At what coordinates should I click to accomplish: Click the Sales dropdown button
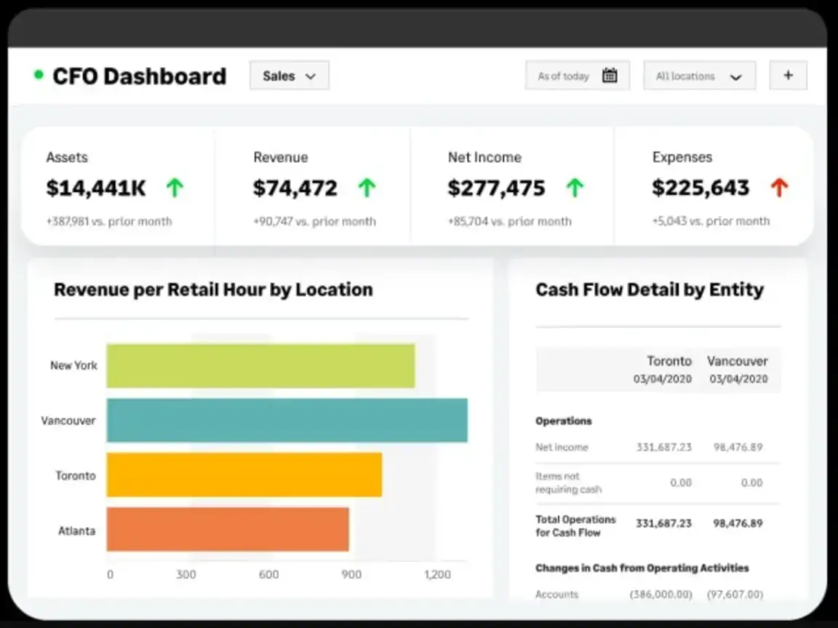[289, 76]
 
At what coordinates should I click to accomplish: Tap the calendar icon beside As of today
[610, 76]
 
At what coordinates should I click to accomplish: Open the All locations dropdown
[699, 76]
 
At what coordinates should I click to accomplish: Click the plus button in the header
[788, 76]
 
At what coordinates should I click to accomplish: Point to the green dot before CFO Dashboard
[39, 75]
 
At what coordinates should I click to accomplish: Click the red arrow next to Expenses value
[779, 188]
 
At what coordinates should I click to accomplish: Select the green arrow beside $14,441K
[174, 188]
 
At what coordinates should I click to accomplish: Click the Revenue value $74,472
[295, 188]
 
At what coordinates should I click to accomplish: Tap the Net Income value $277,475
[496, 188]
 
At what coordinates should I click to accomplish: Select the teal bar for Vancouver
[287, 420]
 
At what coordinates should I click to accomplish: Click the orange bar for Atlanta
[228, 529]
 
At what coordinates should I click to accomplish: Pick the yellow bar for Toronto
[244, 474]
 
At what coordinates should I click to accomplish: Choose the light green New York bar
[260, 365]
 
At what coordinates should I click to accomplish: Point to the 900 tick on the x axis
[351, 575]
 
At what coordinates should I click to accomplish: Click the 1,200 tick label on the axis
[437, 575]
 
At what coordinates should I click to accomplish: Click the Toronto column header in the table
[669, 361]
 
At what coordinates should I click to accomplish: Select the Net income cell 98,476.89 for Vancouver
[738, 447]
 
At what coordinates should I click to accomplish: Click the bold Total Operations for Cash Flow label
[575, 525]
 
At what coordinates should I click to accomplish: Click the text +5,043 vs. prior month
[711, 221]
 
